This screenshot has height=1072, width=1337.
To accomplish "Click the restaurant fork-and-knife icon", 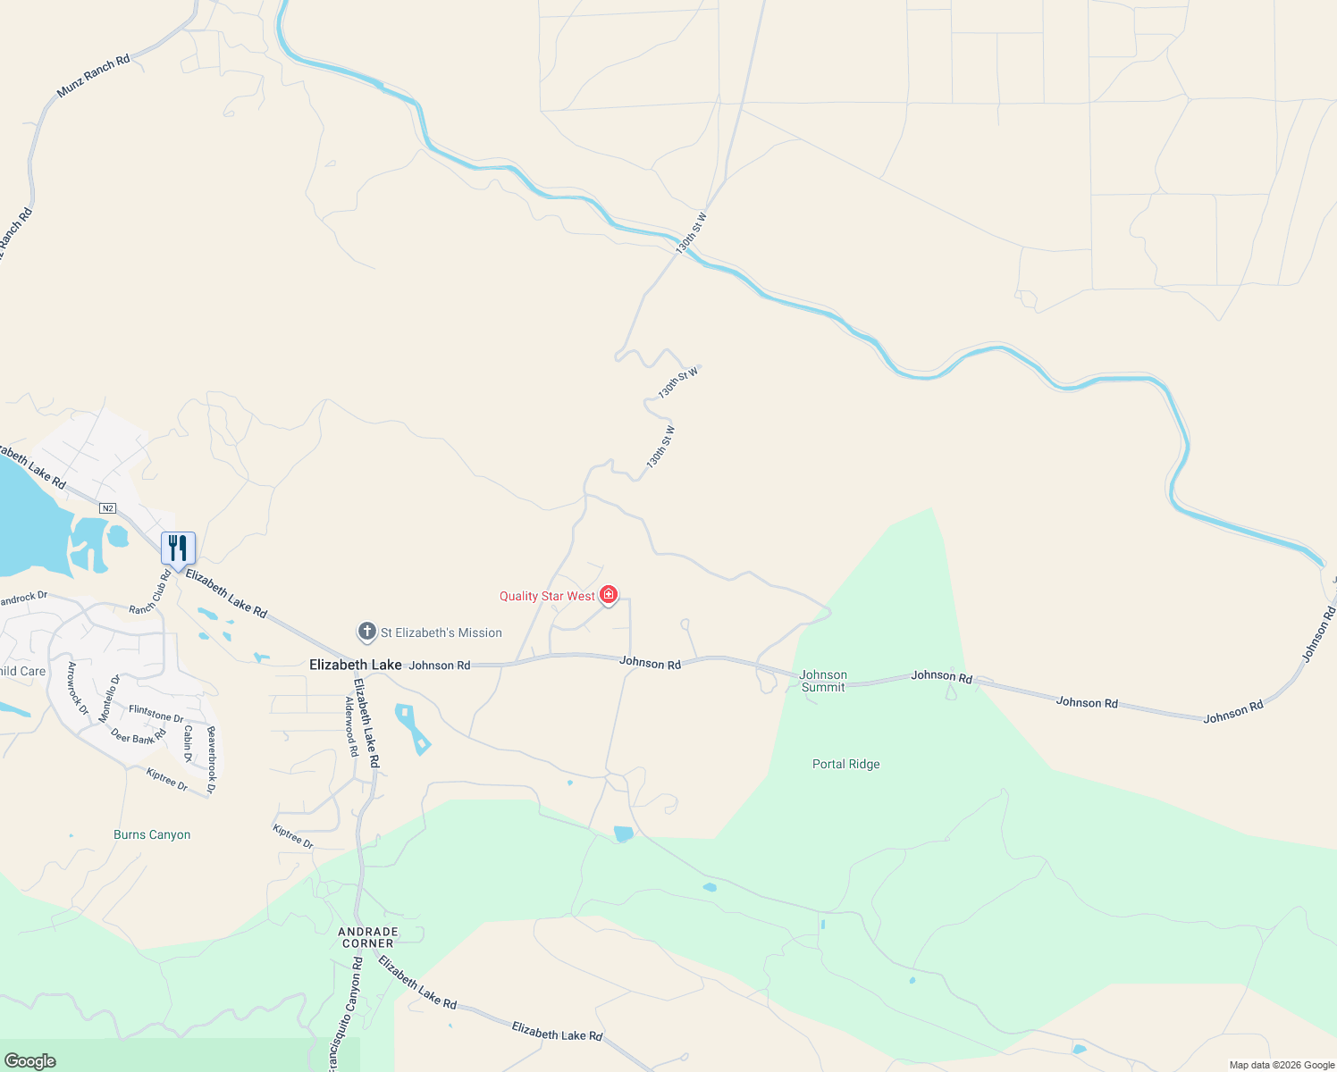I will pos(178,549).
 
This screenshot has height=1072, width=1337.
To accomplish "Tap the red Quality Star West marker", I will pos(609,595).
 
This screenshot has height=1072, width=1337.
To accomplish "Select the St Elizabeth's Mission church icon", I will pos(366,632).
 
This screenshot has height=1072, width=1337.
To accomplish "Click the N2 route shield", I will pos(108,508).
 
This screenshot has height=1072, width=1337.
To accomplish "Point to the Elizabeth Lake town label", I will pos(356,665).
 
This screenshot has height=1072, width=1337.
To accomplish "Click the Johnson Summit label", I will pos(823,681).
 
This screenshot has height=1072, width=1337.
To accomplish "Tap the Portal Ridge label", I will pos(845,764).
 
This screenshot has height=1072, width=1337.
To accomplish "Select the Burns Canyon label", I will pos(152,834).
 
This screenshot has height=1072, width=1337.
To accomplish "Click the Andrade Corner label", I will pos(368,937).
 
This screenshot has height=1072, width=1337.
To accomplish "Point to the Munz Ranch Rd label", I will pos(93,76).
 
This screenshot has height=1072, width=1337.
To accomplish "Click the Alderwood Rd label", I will pos(351,727).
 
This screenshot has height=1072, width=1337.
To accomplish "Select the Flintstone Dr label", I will pos(156,714).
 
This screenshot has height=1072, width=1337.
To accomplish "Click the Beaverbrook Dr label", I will pos(212,759).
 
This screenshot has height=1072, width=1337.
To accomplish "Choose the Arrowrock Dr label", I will pos(78,688).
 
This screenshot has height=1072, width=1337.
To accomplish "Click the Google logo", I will pos(29,1061).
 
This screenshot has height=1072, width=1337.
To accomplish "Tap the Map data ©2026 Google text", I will pos(1282,1065).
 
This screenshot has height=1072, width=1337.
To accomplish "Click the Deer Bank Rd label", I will pos(139,737).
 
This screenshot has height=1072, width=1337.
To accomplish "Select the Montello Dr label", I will pos(109,699).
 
